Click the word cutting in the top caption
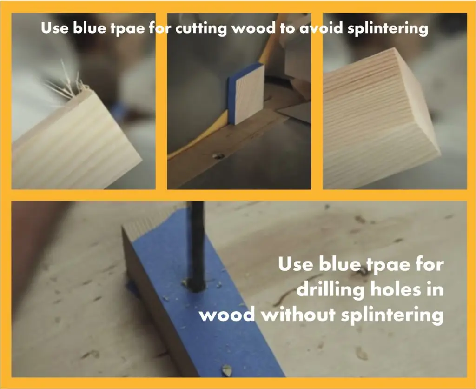click(201, 28)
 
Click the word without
click(298, 314)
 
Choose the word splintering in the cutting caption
click(388, 29)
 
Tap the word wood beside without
click(227, 315)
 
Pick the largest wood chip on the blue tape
click(227, 370)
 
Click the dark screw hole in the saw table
click(218, 156)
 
